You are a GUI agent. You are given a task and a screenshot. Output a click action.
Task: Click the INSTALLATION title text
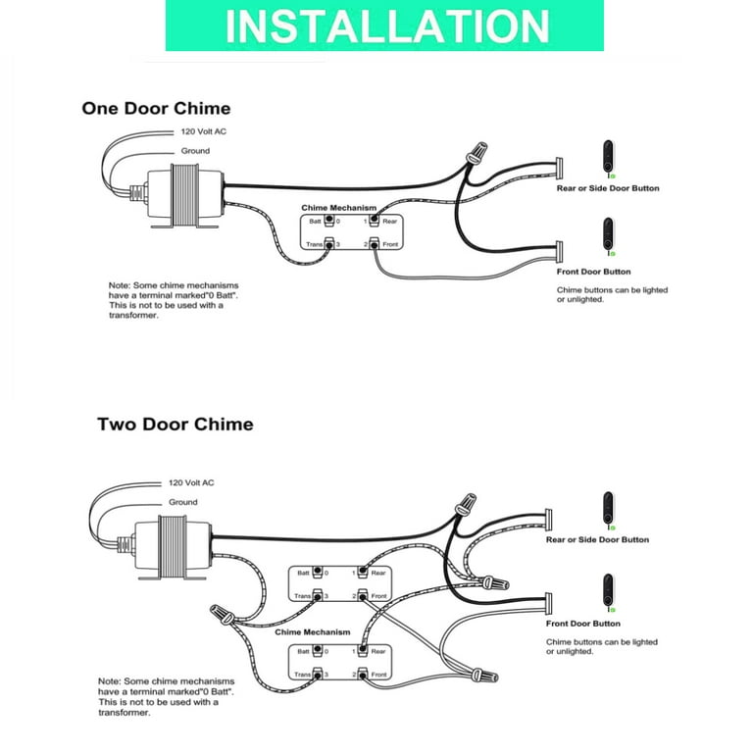pyautogui.click(x=385, y=26)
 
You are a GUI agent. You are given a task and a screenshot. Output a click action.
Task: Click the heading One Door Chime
pyautogui.click(x=156, y=108)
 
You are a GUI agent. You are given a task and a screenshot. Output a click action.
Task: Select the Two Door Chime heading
pyautogui.click(x=175, y=425)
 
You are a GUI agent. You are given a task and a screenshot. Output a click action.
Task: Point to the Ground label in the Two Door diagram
pyautogui.click(x=183, y=502)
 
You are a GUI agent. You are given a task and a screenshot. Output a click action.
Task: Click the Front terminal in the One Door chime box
pyautogui.click(x=375, y=243)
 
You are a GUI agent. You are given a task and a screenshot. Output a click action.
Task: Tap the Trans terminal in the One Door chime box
pyautogui.click(x=329, y=243)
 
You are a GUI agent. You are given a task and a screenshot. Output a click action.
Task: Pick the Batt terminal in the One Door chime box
pyautogui.click(x=329, y=222)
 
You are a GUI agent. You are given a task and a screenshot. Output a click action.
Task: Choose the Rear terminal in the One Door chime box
pyautogui.click(x=375, y=222)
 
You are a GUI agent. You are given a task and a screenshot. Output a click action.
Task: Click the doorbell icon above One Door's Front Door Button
pyautogui.click(x=609, y=236)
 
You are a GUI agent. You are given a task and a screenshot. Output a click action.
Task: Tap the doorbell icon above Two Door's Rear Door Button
pyautogui.click(x=609, y=507)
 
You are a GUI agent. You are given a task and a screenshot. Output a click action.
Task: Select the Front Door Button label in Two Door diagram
pyautogui.click(x=582, y=624)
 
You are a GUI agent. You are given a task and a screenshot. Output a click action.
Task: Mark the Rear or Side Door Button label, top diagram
pyautogui.click(x=608, y=188)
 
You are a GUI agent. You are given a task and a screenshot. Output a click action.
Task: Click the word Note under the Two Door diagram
pyautogui.click(x=109, y=680)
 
